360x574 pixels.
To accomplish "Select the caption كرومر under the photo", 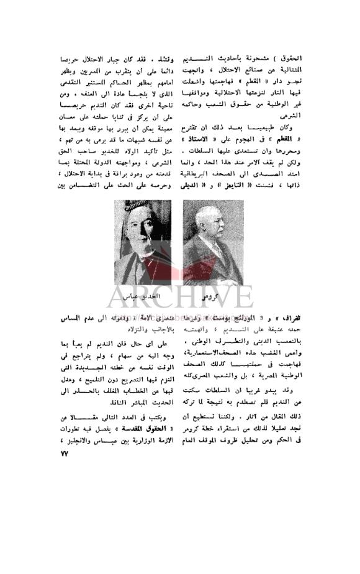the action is pos(214,296).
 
